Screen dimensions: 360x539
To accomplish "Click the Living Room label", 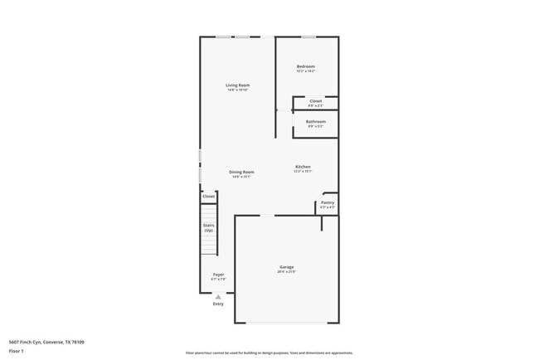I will pos(238,85).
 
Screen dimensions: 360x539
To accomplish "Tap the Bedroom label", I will pos(306,66).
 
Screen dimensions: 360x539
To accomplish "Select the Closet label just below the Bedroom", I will pos(316,101).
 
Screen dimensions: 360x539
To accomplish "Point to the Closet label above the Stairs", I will pos(209,197).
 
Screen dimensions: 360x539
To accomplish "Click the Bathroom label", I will pos(316,122).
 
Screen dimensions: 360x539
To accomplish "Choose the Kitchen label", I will pos(303,168).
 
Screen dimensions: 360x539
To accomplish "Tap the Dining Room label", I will pos(241,173).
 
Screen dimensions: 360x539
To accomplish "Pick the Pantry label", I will pos(328,202).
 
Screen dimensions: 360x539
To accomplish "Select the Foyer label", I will pos(219,275).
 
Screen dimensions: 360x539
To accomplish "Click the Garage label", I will pos(287,267).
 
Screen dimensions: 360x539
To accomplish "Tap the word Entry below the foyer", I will pos(218,304).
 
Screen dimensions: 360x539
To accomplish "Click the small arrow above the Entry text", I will pos(218,297).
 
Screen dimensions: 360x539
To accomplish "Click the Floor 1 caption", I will pos(17,352).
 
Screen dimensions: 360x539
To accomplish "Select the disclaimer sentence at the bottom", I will pos(269,352).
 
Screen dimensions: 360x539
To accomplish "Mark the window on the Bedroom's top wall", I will pos(308,36).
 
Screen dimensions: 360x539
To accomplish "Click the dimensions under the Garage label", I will pos(287,272).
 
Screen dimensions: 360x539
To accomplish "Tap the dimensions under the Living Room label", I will pos(238,90).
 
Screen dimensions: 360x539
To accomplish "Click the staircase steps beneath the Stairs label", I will pos(210,244).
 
